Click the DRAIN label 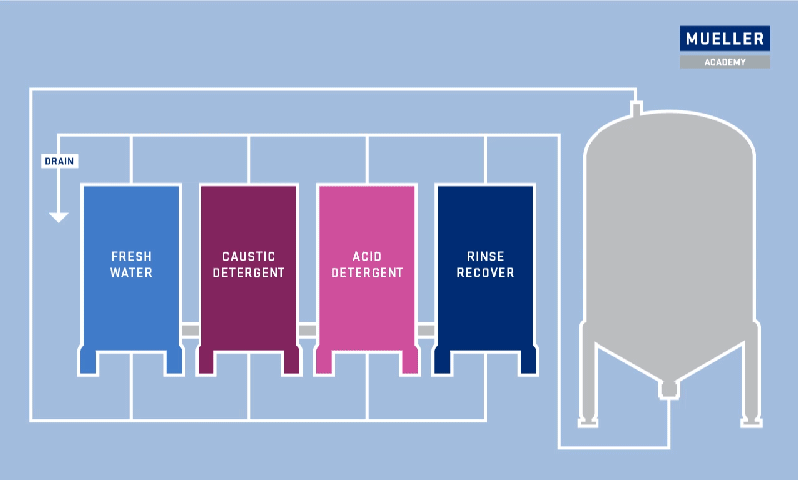tap(59, 161)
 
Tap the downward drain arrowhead tap(59, 217)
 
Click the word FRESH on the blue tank tap(131, 256)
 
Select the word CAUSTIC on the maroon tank tap(248, 256)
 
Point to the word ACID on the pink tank tap(367, 256)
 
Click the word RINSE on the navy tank tap(485, 256)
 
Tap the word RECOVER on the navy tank tap(485, 272)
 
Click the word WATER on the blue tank tap(131, 272)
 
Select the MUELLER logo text tap(725, 39)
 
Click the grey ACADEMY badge tap(725, 62)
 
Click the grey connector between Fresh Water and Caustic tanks tap(190, 331)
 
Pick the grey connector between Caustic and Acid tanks tap(307, 331)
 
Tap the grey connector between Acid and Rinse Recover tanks tap(426, 331)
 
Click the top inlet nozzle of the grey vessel tap(636, 107)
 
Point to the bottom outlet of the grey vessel tap(668, 389)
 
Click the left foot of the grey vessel tap(588, 422)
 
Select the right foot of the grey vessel tap(751, 422)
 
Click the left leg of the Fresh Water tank tap(88, 362)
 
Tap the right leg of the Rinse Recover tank tap(528, 362)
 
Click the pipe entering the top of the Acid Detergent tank tap(367, 159)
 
